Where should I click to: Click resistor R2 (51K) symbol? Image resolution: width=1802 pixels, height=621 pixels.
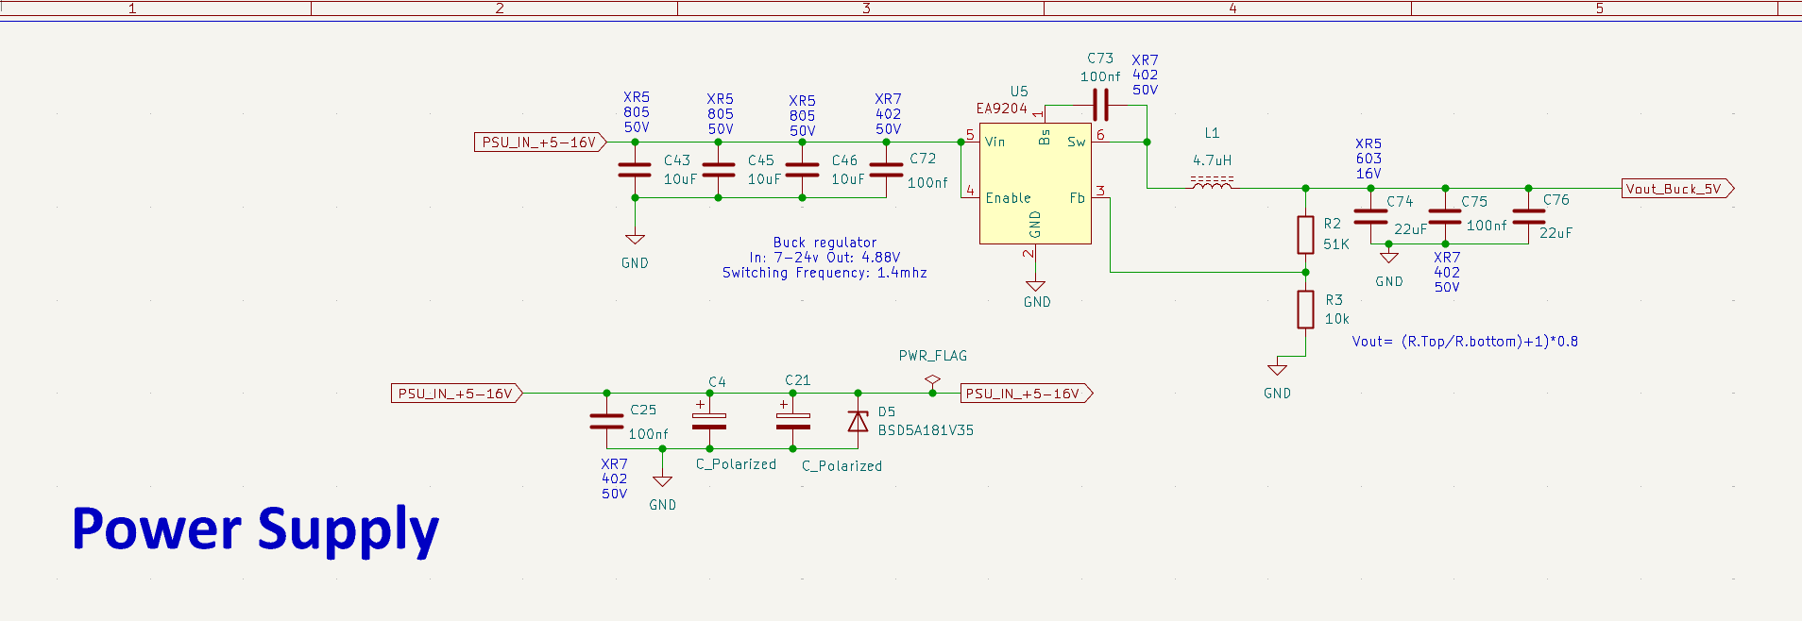1305,235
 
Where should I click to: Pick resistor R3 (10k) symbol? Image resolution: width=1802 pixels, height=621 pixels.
1305,310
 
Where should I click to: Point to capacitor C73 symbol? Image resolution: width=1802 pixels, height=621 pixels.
1100,105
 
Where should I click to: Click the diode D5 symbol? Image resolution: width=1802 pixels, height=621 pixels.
858,421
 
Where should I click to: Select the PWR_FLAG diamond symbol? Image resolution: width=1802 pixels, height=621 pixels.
932,380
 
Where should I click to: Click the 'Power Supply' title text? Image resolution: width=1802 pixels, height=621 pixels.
255,529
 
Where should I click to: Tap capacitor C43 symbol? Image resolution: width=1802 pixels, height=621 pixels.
635,170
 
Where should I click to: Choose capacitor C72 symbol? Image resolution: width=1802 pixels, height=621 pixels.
886,170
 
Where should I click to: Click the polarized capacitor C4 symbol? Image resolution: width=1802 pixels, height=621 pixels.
709,421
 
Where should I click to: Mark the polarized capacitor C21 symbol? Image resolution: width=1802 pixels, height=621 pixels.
792,421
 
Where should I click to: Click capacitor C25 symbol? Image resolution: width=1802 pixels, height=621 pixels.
606,421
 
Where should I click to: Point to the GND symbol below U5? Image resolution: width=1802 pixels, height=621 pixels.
1036,286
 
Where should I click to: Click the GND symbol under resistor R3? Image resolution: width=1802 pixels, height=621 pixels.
1277,369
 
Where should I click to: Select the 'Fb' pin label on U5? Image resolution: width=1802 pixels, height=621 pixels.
1077,198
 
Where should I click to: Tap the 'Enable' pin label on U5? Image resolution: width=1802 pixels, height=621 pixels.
1008,198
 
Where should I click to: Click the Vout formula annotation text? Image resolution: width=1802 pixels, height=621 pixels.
1464,342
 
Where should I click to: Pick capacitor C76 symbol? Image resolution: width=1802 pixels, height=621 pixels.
1528,217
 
